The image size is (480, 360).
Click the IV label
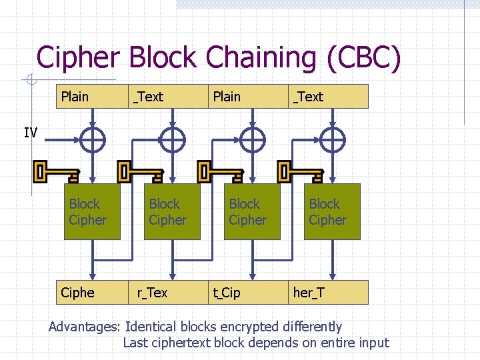click(31, 133)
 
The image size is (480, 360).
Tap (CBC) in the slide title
click(363, 58)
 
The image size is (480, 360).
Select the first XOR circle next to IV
click(93, 140)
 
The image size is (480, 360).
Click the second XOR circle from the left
click(173, 140)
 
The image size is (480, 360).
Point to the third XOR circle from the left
click(252, 140)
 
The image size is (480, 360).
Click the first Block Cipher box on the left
click(93, 212)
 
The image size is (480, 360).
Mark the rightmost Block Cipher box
click(333, 212)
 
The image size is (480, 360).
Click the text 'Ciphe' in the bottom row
click(77, 293)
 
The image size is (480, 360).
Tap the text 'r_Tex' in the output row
click(152, 293)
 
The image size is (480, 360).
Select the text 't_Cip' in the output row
click(227, 293)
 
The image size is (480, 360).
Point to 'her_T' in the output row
click(309, 293)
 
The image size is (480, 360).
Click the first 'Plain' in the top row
click(75, 97)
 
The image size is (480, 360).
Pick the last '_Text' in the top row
click(308, 97)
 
